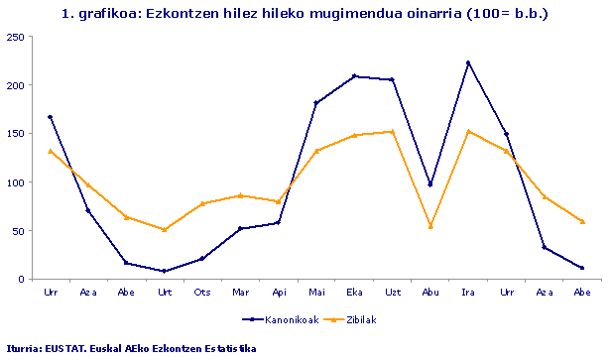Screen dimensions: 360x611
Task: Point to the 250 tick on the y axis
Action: tap(16, 37)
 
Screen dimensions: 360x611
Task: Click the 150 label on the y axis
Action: tap(16, 134)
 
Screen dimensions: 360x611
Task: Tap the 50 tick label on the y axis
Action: tap(19, 231)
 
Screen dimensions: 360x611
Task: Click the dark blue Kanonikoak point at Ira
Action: tap(468, 62)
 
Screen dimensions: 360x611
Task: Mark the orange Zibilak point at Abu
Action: tap(430, 226)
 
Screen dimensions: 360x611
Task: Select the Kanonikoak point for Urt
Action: tap(165, 271)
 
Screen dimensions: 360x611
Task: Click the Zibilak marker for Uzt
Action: tap(393, 132)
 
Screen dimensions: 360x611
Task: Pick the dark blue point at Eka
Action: tap(355, 76)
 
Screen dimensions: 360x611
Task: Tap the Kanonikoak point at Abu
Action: tap(430, 184)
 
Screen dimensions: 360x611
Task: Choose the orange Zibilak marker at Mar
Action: tap(241, 195)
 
